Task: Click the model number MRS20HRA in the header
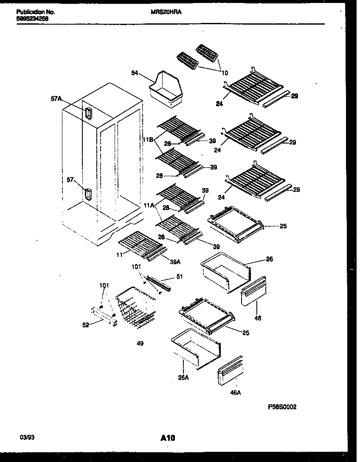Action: [x=166, y=12]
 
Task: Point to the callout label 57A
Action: [x=56, y=99]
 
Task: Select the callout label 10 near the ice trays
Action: [x=225, y=73]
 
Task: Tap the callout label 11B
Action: [x=148, y=139]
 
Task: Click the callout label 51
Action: [x=179, y=276]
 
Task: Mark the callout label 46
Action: [x=258, y=318]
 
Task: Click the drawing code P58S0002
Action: [x=282, y=407]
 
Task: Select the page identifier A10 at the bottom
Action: [x=169, y=438]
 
